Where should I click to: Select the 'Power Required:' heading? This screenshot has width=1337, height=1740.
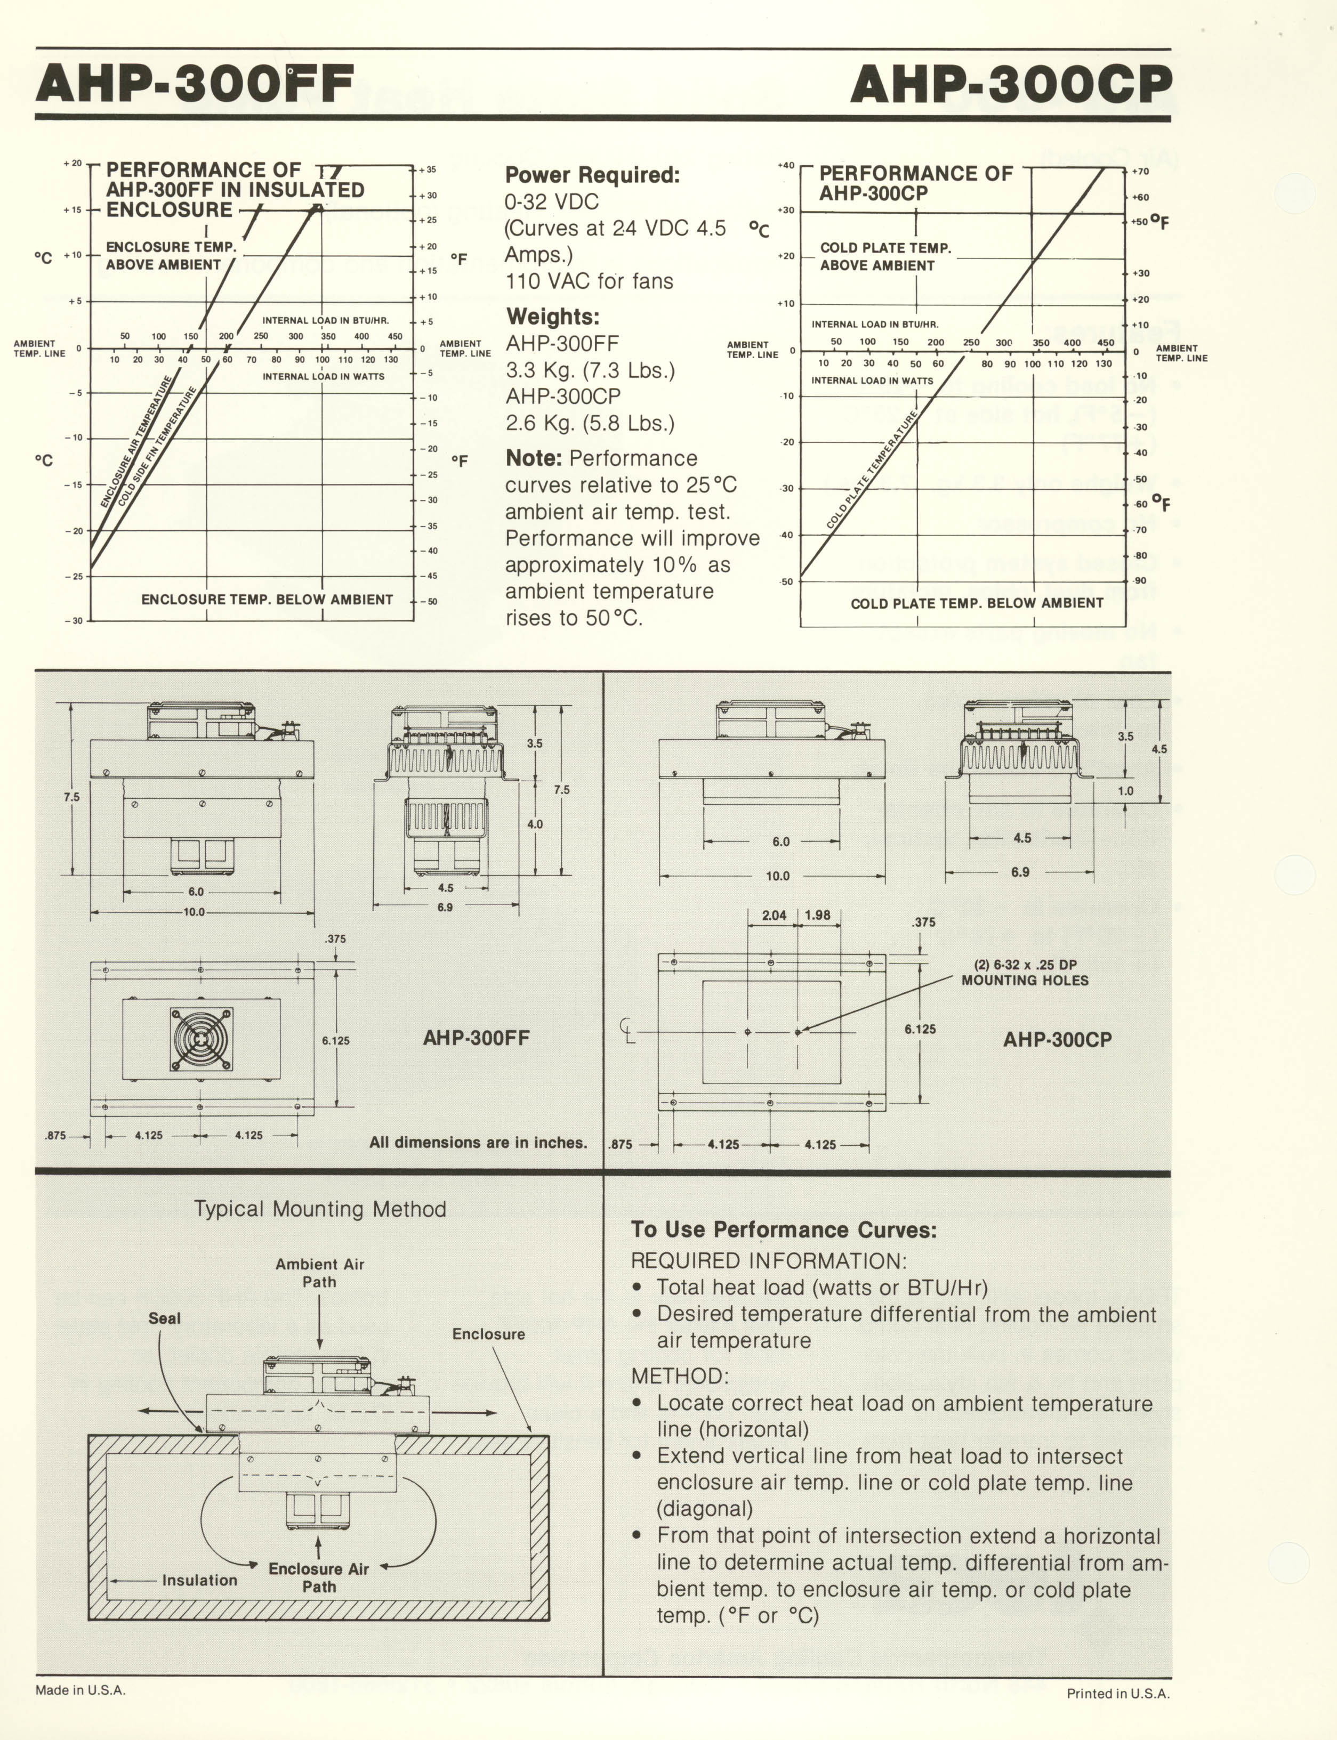592,175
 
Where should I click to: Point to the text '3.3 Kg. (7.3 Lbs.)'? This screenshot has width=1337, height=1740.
590,370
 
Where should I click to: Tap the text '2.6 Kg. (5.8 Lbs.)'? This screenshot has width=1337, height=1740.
590,423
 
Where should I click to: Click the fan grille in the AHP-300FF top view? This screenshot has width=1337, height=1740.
202,1039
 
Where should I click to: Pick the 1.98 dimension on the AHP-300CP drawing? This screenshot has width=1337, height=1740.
817,916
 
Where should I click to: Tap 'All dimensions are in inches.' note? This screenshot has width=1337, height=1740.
478,1143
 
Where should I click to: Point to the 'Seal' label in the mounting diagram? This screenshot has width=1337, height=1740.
165,1318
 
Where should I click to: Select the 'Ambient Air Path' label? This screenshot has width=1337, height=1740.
319,1273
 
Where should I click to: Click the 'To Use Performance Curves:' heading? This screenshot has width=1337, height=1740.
784,1230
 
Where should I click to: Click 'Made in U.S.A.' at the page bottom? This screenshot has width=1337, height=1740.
80,1690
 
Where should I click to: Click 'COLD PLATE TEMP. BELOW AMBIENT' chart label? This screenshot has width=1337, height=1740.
977,603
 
